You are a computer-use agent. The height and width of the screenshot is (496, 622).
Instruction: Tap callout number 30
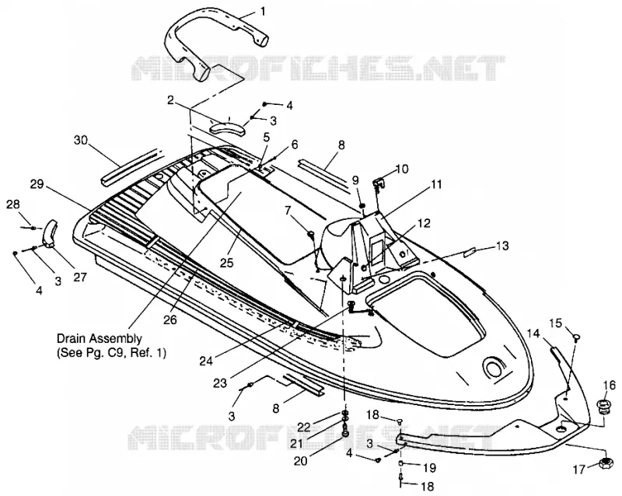click(82, 140)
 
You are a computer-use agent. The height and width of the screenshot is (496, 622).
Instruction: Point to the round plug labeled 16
click(604, 407)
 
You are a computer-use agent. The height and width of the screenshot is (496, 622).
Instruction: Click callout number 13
click(502, 246)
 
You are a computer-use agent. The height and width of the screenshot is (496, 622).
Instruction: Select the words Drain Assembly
click(100, 339)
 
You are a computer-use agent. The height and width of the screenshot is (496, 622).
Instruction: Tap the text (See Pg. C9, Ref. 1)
click(111, 352)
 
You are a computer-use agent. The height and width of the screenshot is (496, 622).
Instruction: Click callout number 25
click(228, 262)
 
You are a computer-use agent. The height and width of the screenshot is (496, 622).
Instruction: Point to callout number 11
click(436, 184)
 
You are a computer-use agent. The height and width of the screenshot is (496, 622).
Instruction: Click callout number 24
click(206, 361)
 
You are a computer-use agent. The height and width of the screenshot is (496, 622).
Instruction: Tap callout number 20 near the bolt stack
click(301, 461)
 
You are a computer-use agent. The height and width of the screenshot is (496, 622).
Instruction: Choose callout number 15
click(556, 323)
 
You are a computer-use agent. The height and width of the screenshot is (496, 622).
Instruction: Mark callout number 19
click(430, 467)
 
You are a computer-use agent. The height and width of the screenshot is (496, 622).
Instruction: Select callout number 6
click(294, 145)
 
